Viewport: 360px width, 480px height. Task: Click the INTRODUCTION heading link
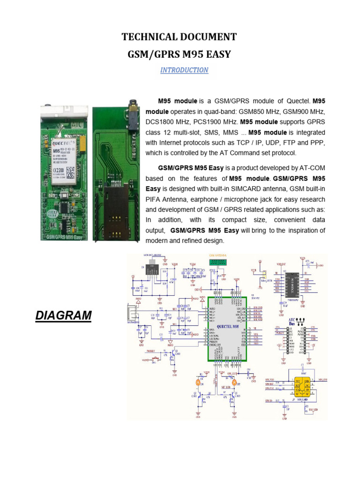184,70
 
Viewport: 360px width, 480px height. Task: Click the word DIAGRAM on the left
63,315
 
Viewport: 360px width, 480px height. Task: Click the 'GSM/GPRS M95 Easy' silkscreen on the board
64,237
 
